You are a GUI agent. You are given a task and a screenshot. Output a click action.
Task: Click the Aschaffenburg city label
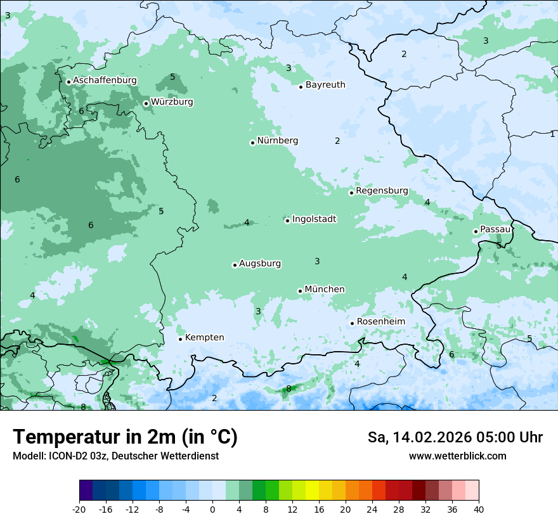(x=105, y=80)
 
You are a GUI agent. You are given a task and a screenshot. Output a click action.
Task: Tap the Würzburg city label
(x=171, y=102)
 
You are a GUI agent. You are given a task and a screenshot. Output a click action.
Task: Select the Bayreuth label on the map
(x=325, y=85)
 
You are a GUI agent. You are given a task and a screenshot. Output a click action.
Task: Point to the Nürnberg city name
(x=277, y=141)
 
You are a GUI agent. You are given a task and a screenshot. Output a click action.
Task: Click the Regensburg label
(x=382, y=191)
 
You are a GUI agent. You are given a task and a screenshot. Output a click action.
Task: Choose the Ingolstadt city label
(x=314, y=219)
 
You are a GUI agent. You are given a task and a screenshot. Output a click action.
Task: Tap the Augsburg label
(x=259, y=264)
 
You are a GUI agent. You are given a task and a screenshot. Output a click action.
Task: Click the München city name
(x=324, y=290)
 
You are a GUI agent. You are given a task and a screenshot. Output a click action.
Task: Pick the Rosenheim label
(x=380, y=322)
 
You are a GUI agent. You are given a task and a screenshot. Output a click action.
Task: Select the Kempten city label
(x=204, y=338)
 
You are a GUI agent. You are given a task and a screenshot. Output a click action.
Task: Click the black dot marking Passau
(x=476, y=231)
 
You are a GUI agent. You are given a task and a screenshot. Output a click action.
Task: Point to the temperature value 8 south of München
(x=289, y=388)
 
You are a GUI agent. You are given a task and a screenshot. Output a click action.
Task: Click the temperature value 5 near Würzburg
(x=172, y=77)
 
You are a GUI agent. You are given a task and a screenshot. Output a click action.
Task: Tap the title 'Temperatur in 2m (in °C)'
(x=125, y=437)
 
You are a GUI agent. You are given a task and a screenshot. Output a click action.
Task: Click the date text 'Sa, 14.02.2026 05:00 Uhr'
(x=455, y=437)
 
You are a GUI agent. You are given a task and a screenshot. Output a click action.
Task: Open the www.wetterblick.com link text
(x=457, y=456)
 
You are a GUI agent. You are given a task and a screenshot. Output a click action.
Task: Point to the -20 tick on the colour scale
(x=79, y=510)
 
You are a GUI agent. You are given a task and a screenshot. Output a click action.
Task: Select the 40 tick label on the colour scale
(x=478, y=510)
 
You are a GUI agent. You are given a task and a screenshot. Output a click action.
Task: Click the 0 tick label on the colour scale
(x=212, y=510)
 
